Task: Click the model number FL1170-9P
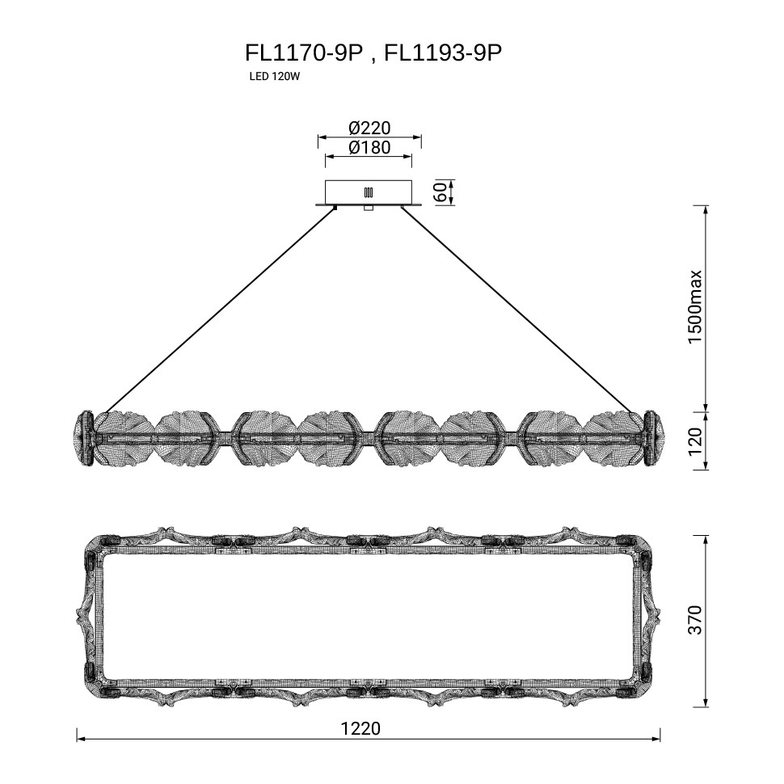pos(303,53)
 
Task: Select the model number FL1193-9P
pos(442,53)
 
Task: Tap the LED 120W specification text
pos(274,77)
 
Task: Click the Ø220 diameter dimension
pos(369,128)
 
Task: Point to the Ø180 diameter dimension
pos(369,147)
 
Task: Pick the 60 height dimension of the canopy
pos(441,192)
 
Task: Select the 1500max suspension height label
pos(696,307)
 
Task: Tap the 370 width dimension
pos(696,620)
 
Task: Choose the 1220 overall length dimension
pos(360,728)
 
